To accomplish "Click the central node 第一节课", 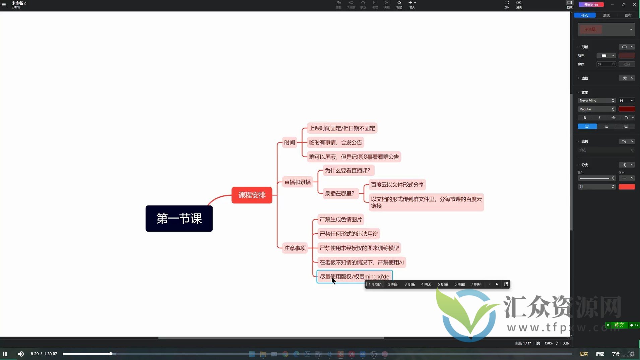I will tap(179, 219).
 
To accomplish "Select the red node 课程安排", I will tap(252, 195).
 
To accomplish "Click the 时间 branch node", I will tap(290, 142).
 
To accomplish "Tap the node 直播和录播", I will tap(298, 182).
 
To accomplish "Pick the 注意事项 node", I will tap(295, 248).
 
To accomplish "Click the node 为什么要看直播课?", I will tap(347, 171).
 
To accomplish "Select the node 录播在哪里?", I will tap(339, 193).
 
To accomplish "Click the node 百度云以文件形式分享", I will tap(397, 185).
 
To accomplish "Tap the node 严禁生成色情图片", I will tap(340, 220).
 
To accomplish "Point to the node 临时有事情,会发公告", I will tap(335, 142).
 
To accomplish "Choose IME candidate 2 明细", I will tap(393, 284).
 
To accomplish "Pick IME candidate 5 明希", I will tap(443, 284).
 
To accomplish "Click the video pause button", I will tap(5, 354).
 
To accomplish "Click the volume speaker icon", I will tap(21, 354).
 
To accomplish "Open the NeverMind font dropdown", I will tap(597, 101).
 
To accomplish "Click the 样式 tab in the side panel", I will tap(585, 15).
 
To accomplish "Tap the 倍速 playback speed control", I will tap(599, 354).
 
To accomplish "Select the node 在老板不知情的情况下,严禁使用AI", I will tap(361, 262).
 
